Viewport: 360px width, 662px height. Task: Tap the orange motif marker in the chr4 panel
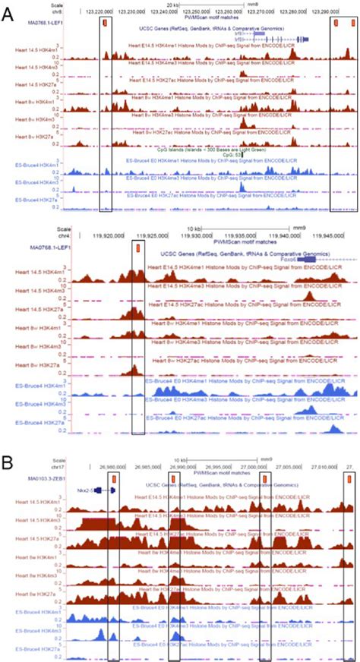point(137,247)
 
